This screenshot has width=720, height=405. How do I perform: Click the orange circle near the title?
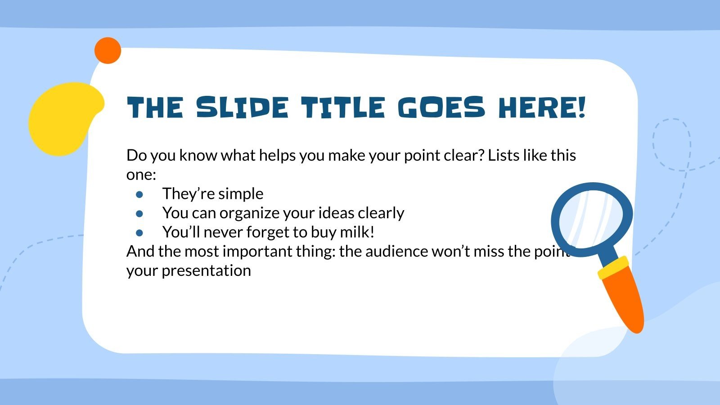pos(108,50)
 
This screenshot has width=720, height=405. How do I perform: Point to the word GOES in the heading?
pos(442,108)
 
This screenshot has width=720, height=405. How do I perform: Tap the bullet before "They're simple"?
pos(139,194)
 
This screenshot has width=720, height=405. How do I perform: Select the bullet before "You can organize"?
pos(139,214)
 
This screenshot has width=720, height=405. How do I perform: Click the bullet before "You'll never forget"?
pos(139,233)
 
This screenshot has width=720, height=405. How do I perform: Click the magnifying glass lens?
pos(592,219)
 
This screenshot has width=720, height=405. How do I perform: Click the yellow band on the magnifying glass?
pos(613,268)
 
